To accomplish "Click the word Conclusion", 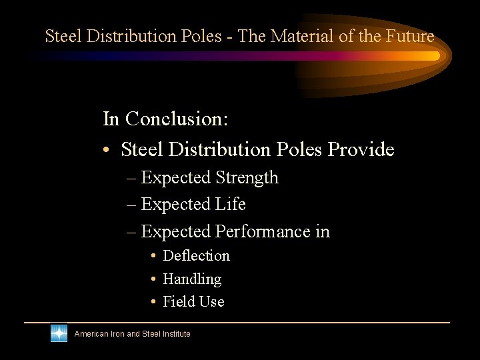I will coord(177,119).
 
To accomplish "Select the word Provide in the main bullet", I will coord(361,149).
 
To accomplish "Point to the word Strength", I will coord(247,178).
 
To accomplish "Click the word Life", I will coord(231,204).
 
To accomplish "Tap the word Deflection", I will coord(196,256).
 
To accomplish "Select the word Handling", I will coord(192,279).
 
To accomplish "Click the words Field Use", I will coord(193,302).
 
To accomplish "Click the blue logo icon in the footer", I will coord(59,333).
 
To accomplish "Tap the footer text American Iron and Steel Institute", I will coord(132,334).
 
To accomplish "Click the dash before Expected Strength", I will coord(131,179).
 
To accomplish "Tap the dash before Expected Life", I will coord(131,205).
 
